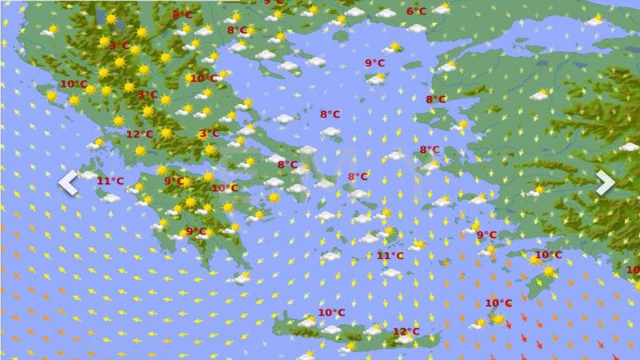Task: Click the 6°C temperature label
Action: pyautogui.click(x=416, y=11)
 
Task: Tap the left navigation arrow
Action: pyautogui.click(x=68, y=182)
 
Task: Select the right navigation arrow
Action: pyautogui.click(x=605, y=182)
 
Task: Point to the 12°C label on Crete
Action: pyautogui.click(x=406, y=331)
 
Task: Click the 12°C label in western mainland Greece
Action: pyautogui.click(x=140, y=134)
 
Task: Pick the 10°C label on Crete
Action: pyautogui.click(x=331, y=313)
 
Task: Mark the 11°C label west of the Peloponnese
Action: pyautogui.click(x=110, y=182)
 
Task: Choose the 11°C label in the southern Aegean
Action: pyautogui.click(x=390, y=256)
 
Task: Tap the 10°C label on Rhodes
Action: pyautogui.click(x=548, y=255)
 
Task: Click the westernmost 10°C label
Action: pyautogui.click(x=74, y=84)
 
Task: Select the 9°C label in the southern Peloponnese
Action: pyautogui.click(x=196, y=232)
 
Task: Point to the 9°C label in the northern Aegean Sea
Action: pyautogui.click(x=375, y=63)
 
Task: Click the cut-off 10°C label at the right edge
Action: pyautogui.click(x=633, y=270)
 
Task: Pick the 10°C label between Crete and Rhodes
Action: pyautogui.click(x=498, y=303)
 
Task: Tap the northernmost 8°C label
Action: pyautogui.click(x=182, y=14)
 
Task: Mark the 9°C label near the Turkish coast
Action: pyautogui.click(x=486, y=235)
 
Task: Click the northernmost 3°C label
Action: pyautogui.click(x=119, y=46)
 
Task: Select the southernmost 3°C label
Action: pyautogui.click(x=209, y=134)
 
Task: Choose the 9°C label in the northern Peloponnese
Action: pyautogui.click(x=174, y=182)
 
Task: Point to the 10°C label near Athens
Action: pyautogui.click(x=225, y=189)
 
